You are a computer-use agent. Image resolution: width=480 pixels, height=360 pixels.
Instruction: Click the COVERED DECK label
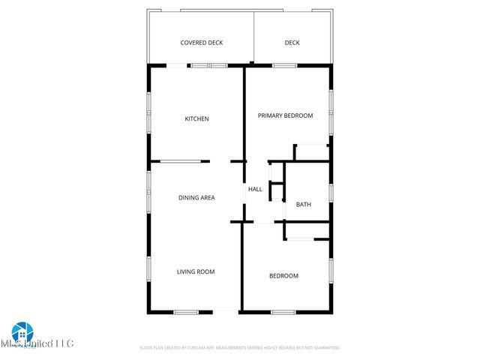(202, 43)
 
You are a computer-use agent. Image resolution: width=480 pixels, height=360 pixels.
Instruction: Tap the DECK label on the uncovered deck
(292, 43)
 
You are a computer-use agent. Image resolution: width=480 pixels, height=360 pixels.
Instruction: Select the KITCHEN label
(196, 119)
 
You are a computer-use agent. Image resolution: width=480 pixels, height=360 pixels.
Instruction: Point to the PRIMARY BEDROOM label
(285, 115)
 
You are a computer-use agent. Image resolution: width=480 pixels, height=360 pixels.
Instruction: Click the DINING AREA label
(196, 198)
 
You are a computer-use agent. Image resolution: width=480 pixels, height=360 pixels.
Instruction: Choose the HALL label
(255, 189)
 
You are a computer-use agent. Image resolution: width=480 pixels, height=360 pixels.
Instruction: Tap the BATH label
(303, 204)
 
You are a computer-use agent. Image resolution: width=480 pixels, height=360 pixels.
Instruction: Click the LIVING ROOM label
(196, 271)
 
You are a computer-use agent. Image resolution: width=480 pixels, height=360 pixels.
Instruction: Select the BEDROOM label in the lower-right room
(283, 276)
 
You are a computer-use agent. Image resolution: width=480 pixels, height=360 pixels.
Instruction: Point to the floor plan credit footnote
(240, 348)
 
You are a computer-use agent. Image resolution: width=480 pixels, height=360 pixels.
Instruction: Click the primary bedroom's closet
(310, 152)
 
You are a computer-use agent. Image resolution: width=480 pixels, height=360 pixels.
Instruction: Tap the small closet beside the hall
(276, 190)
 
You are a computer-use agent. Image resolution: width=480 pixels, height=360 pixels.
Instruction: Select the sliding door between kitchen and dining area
(180, 161)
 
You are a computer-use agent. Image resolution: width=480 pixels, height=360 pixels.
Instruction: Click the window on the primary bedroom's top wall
(284, 66)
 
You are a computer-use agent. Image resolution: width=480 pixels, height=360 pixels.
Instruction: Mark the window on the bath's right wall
(330, 193)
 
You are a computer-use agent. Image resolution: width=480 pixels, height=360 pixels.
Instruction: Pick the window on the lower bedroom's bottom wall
(283, 311)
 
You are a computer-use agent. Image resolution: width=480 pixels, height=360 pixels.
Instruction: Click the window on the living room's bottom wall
(185, 311)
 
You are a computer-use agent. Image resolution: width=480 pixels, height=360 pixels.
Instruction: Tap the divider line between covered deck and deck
(254, 37)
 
